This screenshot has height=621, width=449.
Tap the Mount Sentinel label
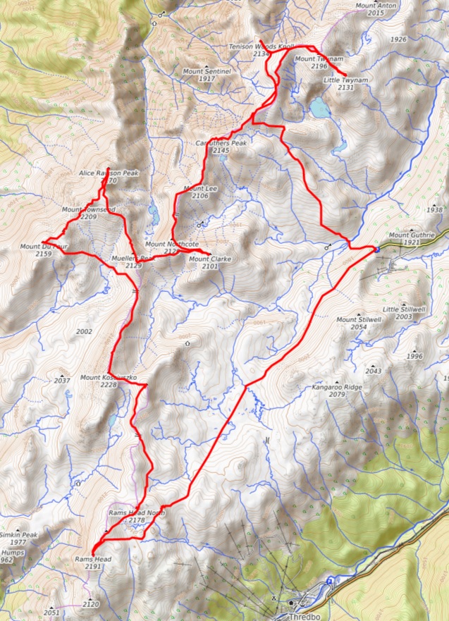pyautogui.click(x=205, y=71)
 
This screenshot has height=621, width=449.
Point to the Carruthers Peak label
pyautogui.click(x=221, y=143)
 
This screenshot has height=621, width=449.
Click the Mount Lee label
pyautogui.click(x=199, y=189)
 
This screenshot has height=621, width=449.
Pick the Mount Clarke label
pyautogui.click(x=210, y=259)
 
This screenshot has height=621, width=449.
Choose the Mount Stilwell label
pyautogui.click(x=359, y=320)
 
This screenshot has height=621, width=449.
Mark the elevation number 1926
pyautogui.click(x=398, y=39)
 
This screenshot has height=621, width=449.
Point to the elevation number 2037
pyautogui.click(x=62, y=381)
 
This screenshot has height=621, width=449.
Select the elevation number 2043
pyautogui.click(x=373, y=371)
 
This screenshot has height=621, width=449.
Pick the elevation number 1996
pyautogui.click(x=414, y=357)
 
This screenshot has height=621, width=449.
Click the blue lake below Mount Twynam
pyautogui.click(x=319, y=107)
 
